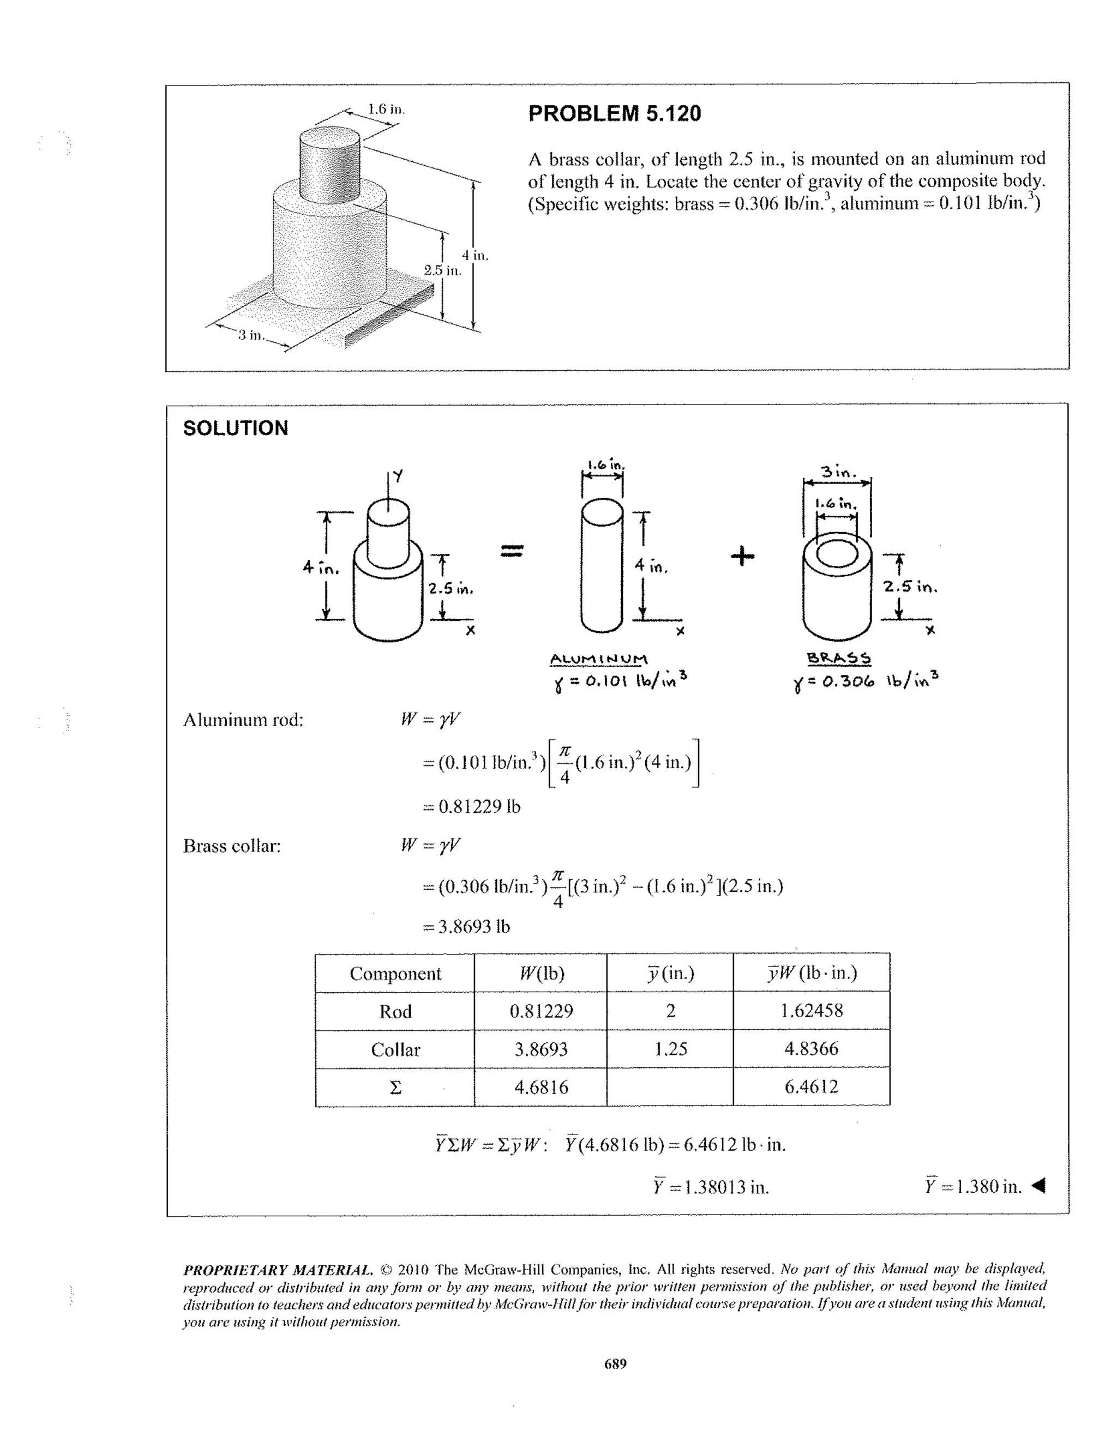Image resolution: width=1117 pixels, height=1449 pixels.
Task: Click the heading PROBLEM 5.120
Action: pyautogui.click(x=614, y=113)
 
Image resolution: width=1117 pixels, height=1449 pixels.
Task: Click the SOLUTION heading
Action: pyautogui.click(x=236, y=428)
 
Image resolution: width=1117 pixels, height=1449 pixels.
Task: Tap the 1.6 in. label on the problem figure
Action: pyautogui.click(x=386, y=110)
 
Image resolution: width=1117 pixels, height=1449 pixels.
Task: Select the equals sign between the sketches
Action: pyautogui.click(x=512, y=550)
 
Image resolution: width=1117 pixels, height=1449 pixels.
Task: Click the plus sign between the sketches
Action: pyautogui.click(x=743, y=556)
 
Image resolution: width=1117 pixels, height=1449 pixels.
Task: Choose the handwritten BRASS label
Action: pyautogui.click(x=839, y=657)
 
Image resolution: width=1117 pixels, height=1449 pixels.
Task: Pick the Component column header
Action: pyautogui.click(x=395, y=973)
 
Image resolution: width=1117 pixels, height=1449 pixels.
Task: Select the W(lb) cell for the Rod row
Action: pyautogui.click(x=541, y=1011)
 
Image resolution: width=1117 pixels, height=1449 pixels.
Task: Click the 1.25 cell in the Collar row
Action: pyautogui.click(x=670, y=1049)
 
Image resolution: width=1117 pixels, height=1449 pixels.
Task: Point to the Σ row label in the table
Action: pyautogui.click(x=395, y=1088)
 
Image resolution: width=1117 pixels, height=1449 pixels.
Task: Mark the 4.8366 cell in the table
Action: pyautogui.click(x=811, y=1049)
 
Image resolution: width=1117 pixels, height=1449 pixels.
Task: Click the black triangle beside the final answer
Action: pyautogui.click(x=1040, y=1185)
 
